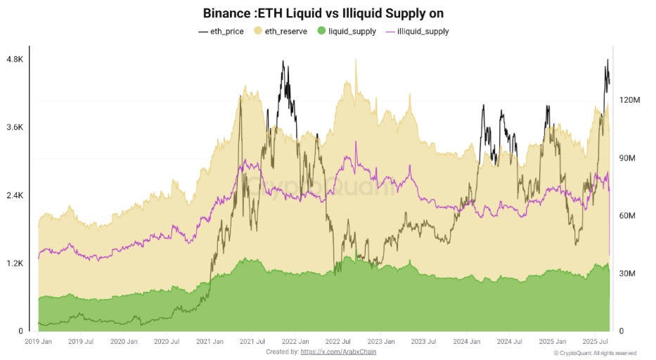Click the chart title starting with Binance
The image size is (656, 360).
[323, 13]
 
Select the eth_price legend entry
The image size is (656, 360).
[221, 31]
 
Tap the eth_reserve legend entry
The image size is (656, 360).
[281, 31]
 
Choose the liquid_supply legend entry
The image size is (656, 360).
[347, 31]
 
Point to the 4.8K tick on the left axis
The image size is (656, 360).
[15, 60]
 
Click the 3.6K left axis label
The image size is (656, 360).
[15, 127]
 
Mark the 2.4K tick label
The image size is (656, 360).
[15, 195]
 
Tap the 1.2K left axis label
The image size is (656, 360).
[15, 263]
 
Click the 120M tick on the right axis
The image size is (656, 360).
[629, 101]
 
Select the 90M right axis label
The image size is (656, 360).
[628, 158]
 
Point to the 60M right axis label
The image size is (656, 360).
[628, 216]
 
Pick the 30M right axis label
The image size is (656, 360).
[628, 274]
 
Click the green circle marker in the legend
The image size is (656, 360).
[322, 31]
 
